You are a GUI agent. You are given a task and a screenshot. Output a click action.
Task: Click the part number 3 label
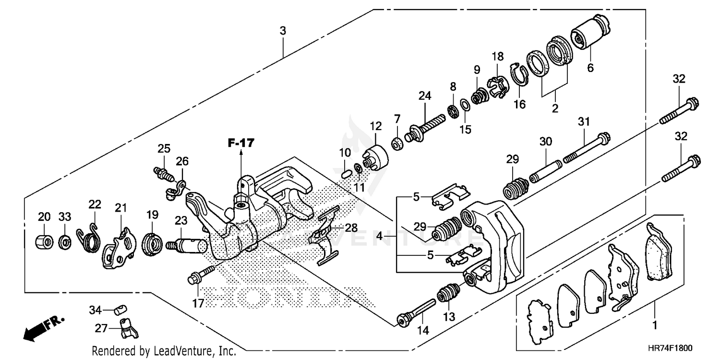[283, 31]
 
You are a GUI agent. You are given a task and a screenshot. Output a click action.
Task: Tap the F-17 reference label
[240, 143]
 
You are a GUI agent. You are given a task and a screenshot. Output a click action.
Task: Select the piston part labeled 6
[589, 32]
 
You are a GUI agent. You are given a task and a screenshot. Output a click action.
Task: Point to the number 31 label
[583, 122]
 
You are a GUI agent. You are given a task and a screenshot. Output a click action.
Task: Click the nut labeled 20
[44, 240]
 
